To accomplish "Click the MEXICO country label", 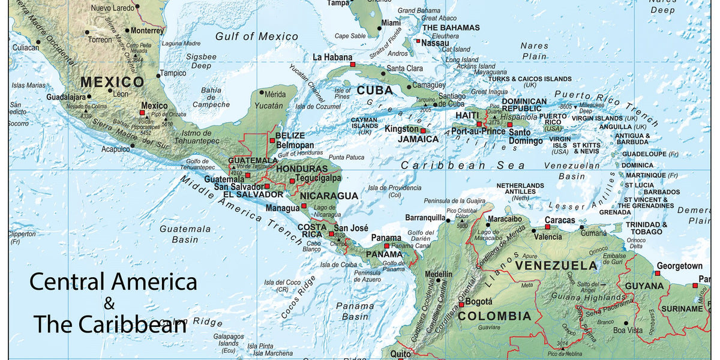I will pos(112,82).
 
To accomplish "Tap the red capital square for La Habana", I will pos(353,64).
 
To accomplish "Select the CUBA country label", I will pos(374,91).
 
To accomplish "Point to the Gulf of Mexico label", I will pos(257,37).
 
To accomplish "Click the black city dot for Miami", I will pos(379,28).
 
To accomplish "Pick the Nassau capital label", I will pos(435,43).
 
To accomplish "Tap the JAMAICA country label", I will pos(418,139).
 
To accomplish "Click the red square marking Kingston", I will pos(422,131).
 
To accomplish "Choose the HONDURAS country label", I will pos(302,169).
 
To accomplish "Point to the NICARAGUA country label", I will pos(329,196).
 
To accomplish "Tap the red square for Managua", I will pos(304,206).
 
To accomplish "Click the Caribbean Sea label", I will pos(463,165).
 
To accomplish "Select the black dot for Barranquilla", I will pos(448,221).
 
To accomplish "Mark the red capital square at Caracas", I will pos(547,227).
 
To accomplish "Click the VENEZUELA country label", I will pos(556,265).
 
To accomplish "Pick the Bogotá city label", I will pos(479,301).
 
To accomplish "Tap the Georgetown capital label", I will pos(679,266).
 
